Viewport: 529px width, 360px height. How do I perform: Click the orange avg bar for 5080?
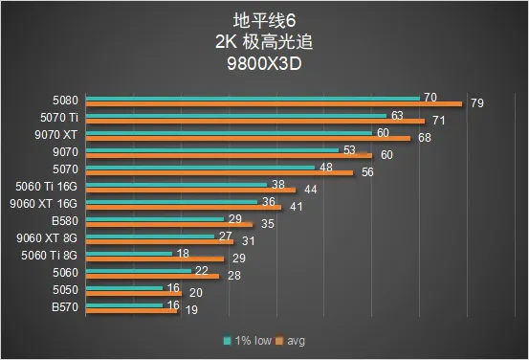(274, 104)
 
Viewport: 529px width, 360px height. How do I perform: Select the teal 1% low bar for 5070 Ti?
(236, 116)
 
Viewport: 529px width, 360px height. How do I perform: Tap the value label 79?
(477, 103)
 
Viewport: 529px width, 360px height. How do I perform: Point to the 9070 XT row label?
(56, 135)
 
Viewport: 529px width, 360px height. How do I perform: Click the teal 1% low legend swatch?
(228, 341)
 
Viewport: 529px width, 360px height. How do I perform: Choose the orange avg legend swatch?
(279, 341)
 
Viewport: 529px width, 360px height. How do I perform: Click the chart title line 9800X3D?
(264, 63)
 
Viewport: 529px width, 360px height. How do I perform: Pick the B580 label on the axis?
(65, 221)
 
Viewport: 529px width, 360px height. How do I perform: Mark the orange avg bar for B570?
(131, 311)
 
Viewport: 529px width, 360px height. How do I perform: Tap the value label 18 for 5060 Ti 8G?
(183, 254)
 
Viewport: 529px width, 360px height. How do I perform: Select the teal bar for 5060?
(139, 271)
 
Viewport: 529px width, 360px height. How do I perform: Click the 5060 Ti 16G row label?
(46, 187)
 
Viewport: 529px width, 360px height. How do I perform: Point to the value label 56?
(367, 172)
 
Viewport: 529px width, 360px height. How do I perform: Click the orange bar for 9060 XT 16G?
(184, 208)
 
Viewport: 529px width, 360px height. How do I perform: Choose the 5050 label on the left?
(65, 290)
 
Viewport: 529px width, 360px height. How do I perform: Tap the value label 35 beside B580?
(268, 224)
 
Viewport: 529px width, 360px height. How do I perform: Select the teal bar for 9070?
(211, 150)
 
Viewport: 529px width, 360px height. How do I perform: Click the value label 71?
(438, 121)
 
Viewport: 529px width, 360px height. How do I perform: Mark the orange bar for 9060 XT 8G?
(160, 242)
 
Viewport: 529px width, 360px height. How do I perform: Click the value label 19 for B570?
(191, 310)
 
